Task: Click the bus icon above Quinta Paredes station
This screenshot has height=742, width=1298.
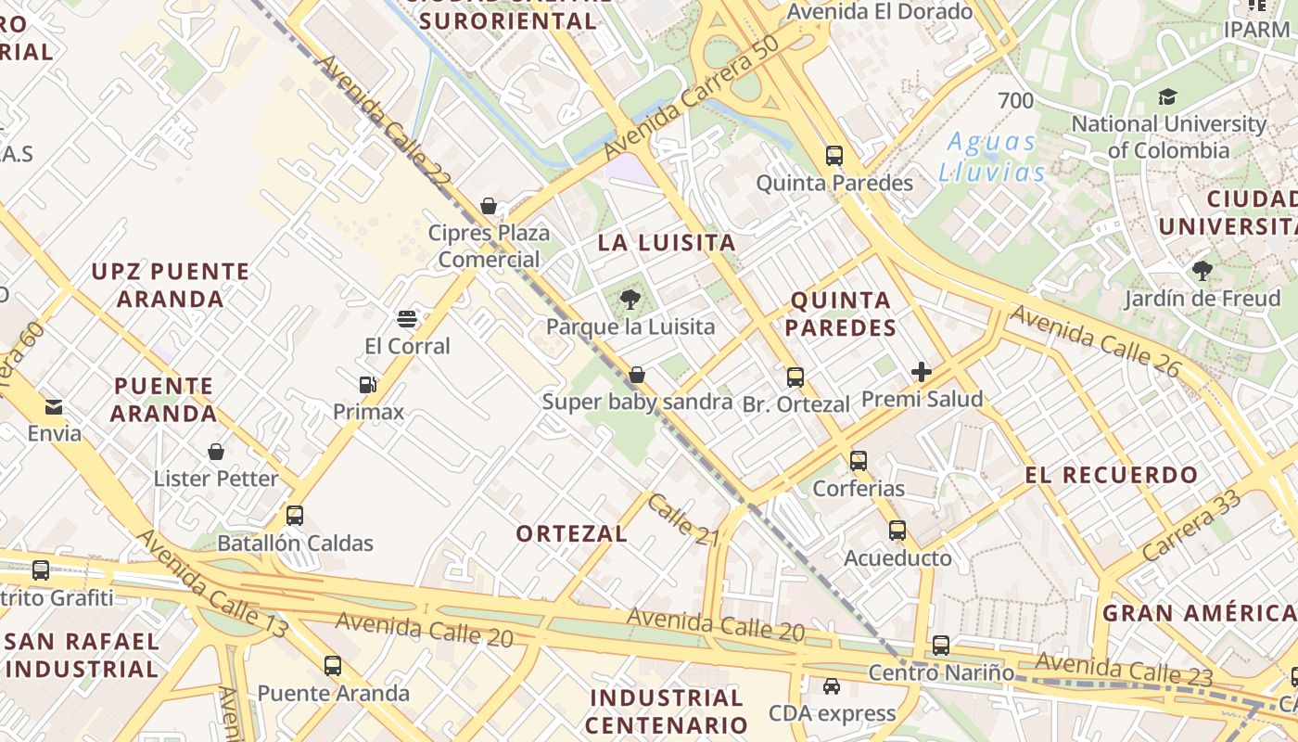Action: (834, 156)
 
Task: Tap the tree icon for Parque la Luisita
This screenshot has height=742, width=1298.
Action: (630, 299)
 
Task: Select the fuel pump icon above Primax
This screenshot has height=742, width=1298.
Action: (368, 384)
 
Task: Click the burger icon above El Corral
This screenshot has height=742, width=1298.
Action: (406, 319)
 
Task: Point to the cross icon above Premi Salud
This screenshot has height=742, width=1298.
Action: (921, 372)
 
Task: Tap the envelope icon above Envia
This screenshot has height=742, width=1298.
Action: (54, 406)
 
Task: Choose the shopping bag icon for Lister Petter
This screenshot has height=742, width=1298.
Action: (216, 452)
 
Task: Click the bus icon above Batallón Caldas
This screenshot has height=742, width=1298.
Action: (295, 516)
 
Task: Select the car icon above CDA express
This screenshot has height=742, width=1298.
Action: (832, 686)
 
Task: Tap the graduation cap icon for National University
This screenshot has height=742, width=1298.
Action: (1167, 96)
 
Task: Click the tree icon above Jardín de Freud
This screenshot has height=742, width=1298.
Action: (1202, 271)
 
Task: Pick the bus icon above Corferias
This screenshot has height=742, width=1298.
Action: (859, 460)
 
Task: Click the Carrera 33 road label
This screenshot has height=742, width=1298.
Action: (1190, 526)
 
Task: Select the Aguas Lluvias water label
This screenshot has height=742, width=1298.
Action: (991, 157)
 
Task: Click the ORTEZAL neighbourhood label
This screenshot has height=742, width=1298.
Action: (572, 534)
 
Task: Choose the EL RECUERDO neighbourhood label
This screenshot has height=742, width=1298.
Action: (1112, 476)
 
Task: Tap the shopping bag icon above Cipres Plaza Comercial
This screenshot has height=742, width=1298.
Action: (489, 206)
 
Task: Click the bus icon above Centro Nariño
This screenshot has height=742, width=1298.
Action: (941, 646)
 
